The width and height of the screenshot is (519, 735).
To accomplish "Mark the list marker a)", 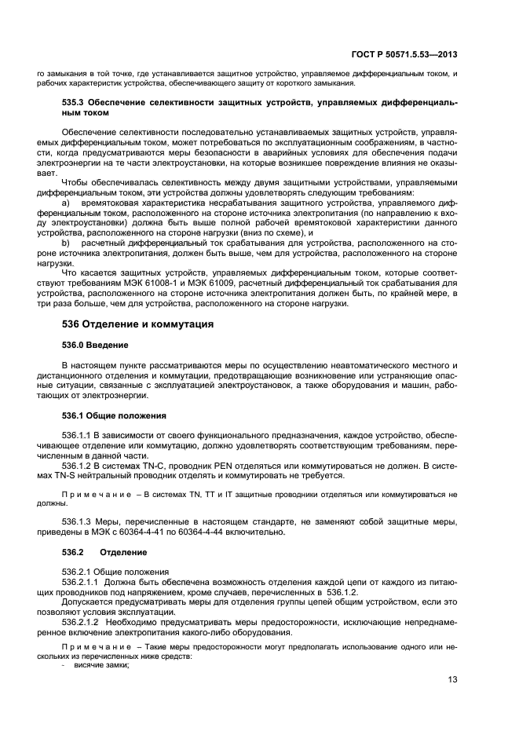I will click(66, 203).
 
